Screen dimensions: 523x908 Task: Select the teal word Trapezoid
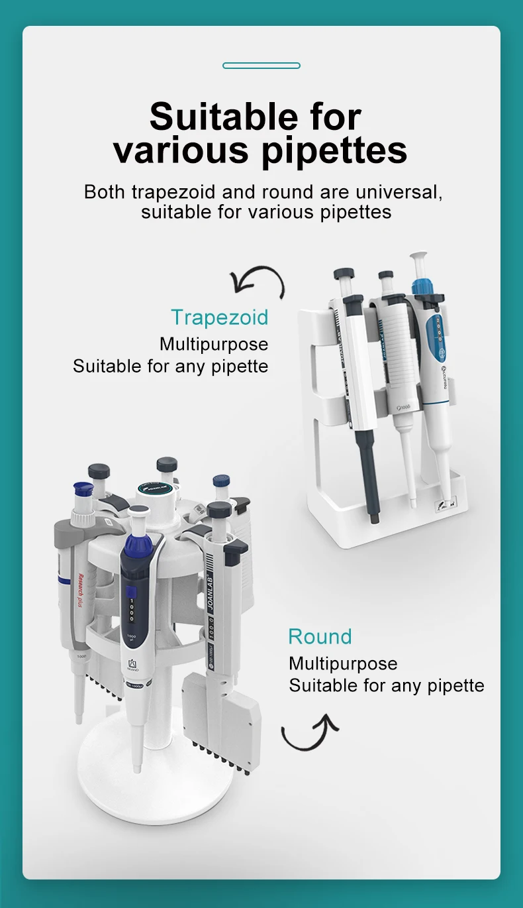tap(220, 317)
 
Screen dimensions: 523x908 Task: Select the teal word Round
tap(320, 637)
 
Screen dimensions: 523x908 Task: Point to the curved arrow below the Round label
tap(309, 733)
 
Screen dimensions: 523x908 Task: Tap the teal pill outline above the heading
tap(261, 66)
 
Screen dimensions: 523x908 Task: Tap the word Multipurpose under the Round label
tap(343, 663)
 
